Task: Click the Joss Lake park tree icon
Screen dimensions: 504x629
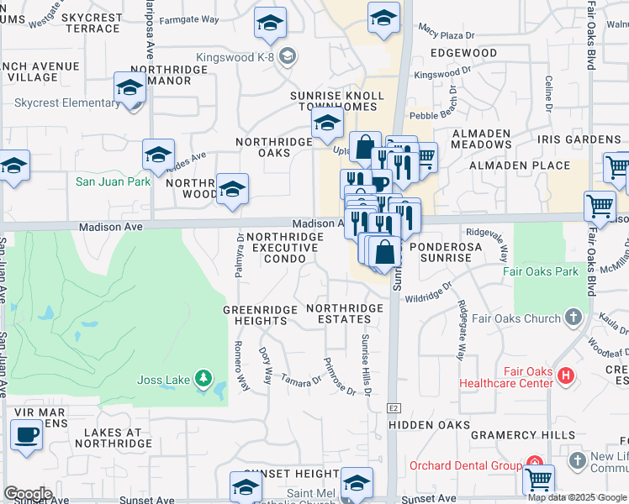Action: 203,380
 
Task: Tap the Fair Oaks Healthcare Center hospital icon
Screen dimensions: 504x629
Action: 567,376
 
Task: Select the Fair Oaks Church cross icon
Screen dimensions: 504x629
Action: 573,318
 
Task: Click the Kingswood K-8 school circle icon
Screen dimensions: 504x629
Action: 288,57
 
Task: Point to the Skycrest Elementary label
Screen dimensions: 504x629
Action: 67,103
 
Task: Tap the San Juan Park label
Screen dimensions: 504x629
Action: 114,181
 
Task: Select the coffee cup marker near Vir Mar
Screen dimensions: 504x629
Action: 26,435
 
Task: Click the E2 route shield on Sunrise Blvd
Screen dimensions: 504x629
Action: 393,407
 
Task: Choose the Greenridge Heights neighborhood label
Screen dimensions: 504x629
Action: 261,315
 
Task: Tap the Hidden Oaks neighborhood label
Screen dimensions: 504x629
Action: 429,425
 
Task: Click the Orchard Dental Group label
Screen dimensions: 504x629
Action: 465,465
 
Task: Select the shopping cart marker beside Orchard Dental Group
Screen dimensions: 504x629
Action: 539,480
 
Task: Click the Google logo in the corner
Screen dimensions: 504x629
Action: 28,494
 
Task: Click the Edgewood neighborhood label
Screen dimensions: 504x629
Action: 463,53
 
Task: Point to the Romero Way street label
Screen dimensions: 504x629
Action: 241,365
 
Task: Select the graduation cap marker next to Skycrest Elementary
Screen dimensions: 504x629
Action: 130,89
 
